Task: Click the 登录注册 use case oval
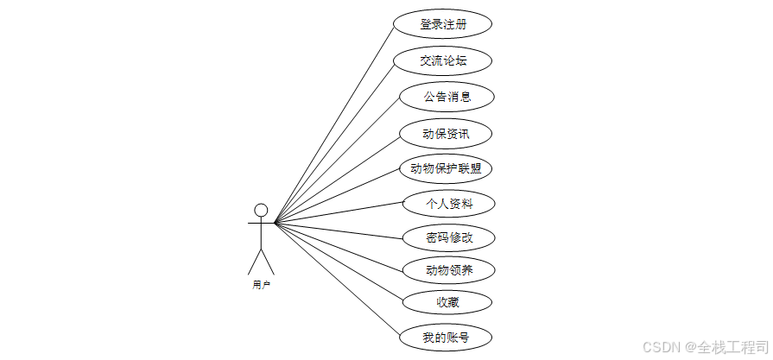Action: pyautogui.click(x=443, y=24)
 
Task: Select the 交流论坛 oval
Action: pyautogui.click(x=443, y=60)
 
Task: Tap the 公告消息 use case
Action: pyautogui.click(x=447, y=97)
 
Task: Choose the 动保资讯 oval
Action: pyautogui.click(x=446, y=134)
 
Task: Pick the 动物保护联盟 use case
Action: pyautogui.click(x=446, y=168)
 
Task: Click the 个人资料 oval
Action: pyautogui.click(x=449, y=204)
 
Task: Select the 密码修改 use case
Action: pyautogui.click(x=449, y=237)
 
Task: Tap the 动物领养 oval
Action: pyautogui.click(x=449, y=270)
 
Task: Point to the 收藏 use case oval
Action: pyautogui.click(x=447, y=302)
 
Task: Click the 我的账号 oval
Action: pyautogui.click(x=446, y=337)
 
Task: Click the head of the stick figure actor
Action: pyautogui.click(x=261, y=210)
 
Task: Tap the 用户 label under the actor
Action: pyautogui.click(x=261, y=284)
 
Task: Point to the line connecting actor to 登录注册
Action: pyautogui.click(x=333, y=123)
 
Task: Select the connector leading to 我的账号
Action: pyautogui.click(x=337, y=280)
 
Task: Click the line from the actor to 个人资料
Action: pyautogui.click(x=339, y=213)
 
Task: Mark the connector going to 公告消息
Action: pyautogui.click(x=337, y=160)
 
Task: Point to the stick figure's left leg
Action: pyautogui.click(x=254, y=262)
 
